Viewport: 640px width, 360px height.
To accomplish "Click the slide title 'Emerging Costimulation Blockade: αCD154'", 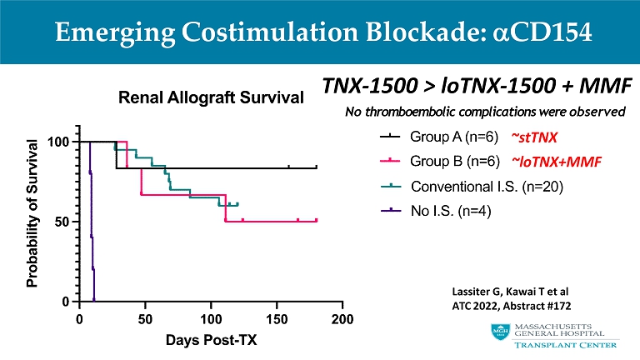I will pyautogui.click(x=320, y=32).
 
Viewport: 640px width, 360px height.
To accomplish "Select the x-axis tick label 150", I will pyautogui.click(x=277, y=318).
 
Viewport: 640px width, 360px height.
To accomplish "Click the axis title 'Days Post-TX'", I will pyautogui.click(x=211, y=340).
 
